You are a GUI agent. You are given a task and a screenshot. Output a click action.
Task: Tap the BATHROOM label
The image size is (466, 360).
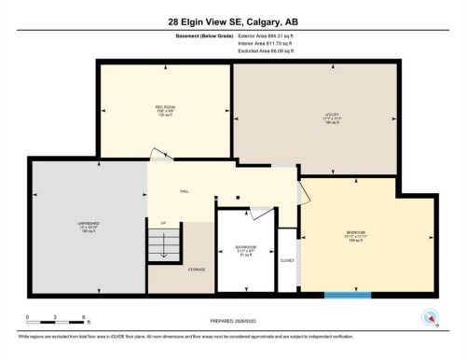click(x=245, y=248)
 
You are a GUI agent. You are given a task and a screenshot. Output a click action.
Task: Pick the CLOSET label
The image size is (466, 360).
click(x=288, y=260)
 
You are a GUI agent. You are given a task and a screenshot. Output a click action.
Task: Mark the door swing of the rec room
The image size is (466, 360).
click(x=161, y=154)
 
